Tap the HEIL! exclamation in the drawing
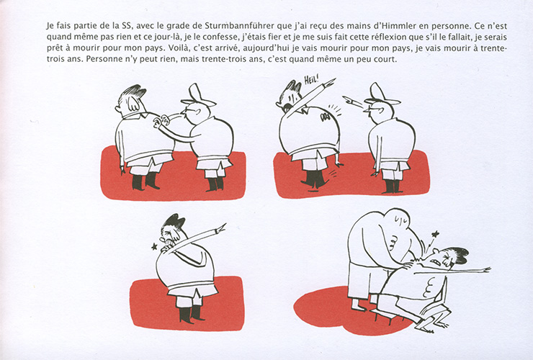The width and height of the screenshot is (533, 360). point(311,81)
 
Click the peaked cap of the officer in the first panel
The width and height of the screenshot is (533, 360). point(198,96)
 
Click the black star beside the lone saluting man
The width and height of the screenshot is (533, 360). point(155,246)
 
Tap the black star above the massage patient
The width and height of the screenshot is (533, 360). point(434,234)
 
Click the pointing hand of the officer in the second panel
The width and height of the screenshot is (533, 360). point(349,99)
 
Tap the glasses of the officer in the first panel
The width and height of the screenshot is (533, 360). point(189,110)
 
